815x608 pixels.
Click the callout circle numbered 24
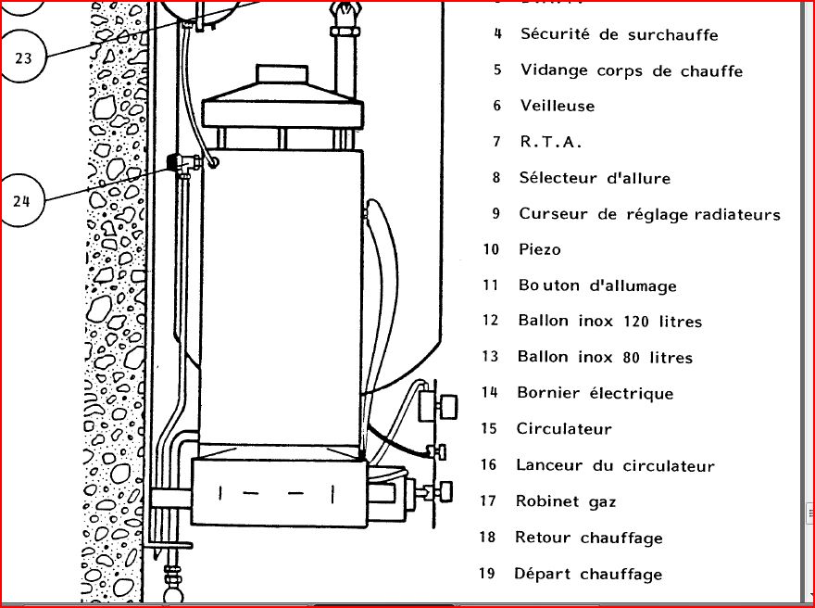22,200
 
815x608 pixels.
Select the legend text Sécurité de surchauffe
619,34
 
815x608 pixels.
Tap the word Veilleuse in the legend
557,106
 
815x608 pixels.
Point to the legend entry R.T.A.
550,142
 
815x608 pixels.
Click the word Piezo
540,249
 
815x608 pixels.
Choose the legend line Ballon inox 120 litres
609,322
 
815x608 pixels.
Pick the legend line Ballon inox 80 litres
605,357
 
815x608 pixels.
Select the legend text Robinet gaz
566,501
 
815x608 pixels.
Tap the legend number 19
487,574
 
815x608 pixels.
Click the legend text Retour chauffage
589,538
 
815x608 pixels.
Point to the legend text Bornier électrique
595,393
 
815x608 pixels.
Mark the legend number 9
496,214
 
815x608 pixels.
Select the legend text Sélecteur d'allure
595,178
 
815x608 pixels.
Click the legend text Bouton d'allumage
597,285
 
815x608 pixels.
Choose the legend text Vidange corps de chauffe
631,70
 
